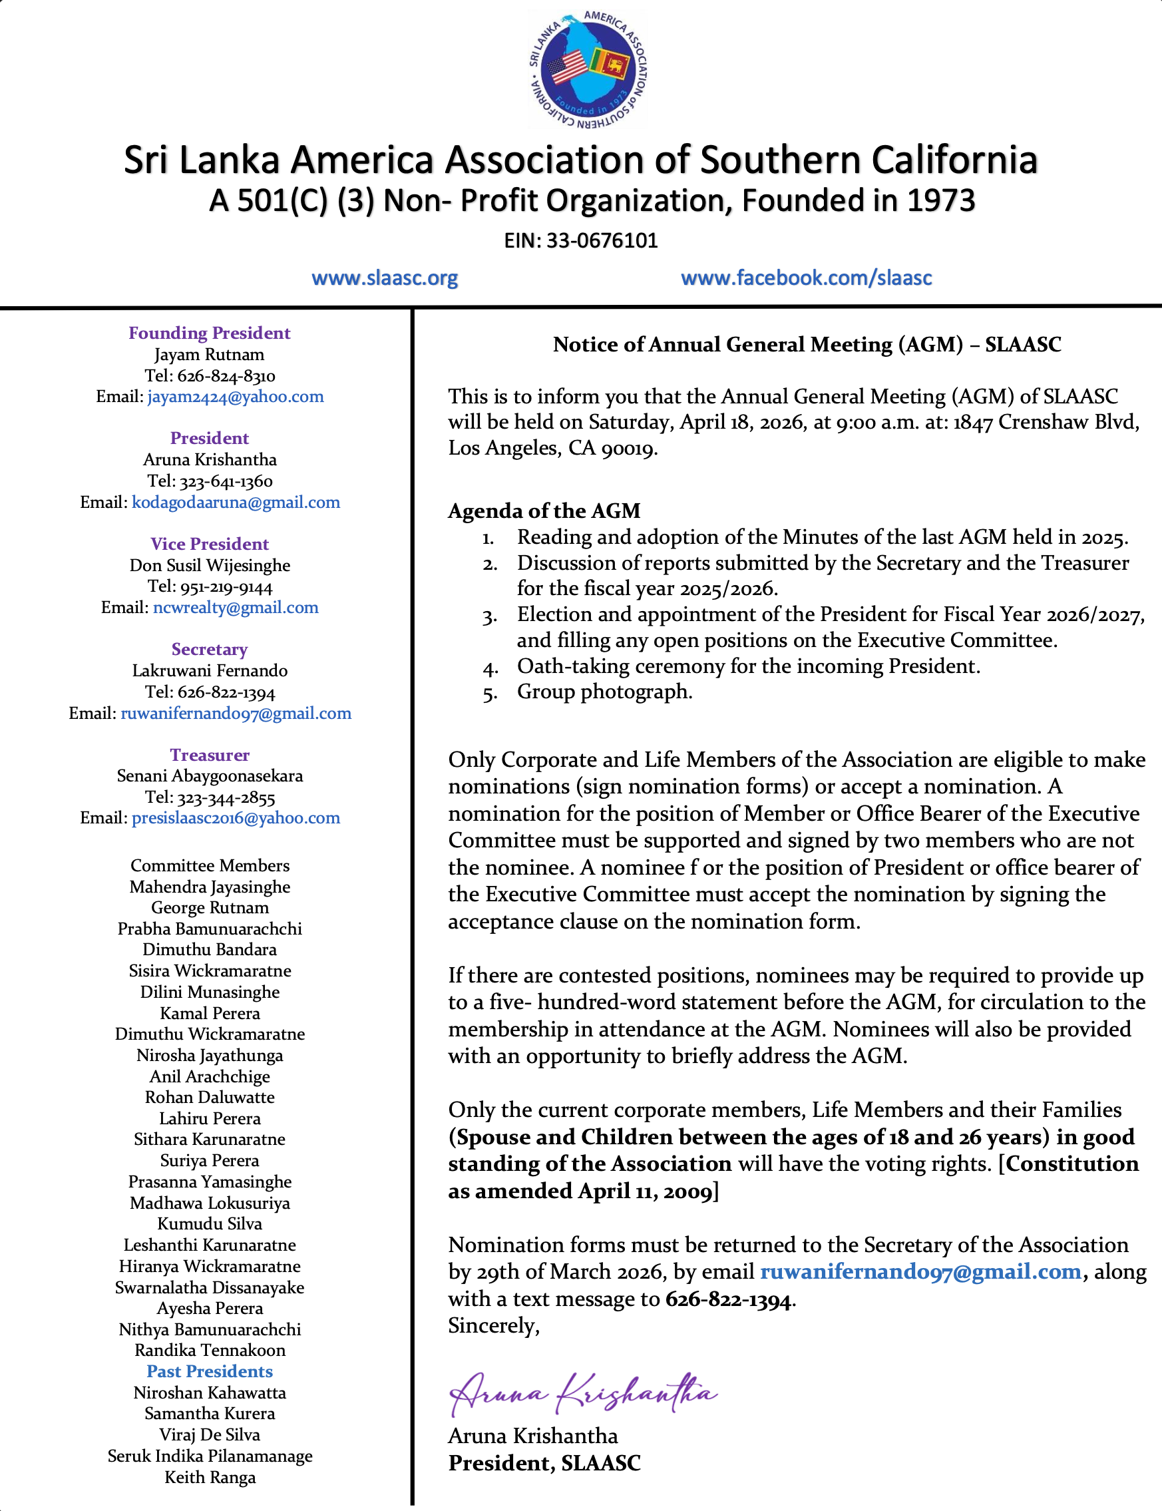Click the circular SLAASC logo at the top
tap(587, 69)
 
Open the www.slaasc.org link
tap(385, 278)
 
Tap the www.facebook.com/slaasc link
tap(806, 278)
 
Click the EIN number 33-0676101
tap(601, 241)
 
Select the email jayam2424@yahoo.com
tap(235, 397)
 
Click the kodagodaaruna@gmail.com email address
tap(236, 503)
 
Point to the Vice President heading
tap(210, 544)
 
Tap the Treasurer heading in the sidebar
tap(210, 755)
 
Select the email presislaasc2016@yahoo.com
tap(236, 818)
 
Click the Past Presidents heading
tap(210, 1371)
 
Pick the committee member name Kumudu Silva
tap(210, 1224)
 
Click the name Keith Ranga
tap(210, 1477)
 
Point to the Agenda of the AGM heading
tap(544, 511)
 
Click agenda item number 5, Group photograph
tap(604, 691)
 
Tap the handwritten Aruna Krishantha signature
tap(582, 1392)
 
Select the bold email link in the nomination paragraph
tap(920, 1271)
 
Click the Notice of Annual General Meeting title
tap(807, 345)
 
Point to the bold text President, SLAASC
tap(544, 1462)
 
